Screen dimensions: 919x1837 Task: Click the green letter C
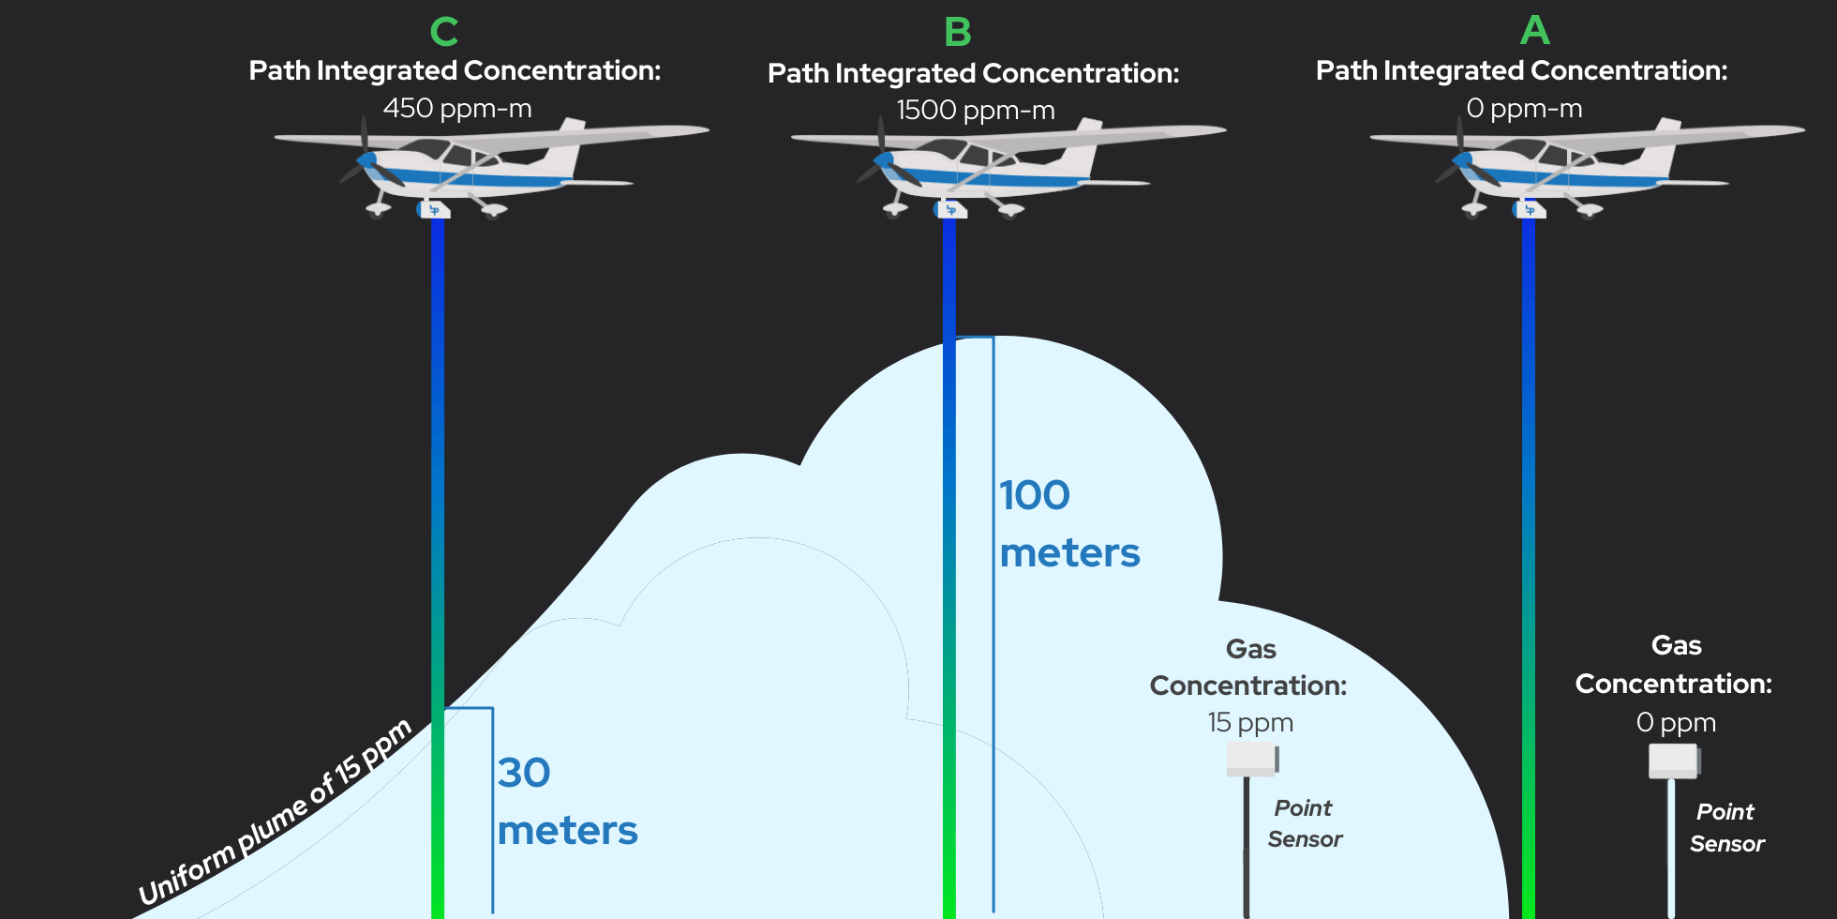(x=443, y=32)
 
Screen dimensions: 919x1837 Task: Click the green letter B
(x=957, y=33)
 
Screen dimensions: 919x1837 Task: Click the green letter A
(x=1534, y=31)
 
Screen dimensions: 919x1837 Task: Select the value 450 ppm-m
(x=456, y=109)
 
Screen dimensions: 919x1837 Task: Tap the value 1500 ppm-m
(x=975, y=111)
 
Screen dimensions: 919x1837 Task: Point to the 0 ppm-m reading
(x=1524, y=109)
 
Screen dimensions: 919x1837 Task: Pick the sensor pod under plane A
(x=1529, y=209)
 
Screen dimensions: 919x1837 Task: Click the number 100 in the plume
(x=1034, y=495)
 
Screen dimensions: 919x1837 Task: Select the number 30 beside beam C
(x=523, y=773)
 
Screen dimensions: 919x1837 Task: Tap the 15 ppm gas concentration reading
(x=1249, y=722)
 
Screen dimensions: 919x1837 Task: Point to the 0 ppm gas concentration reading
(x=1676, y=722)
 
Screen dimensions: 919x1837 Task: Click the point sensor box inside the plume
(x=1252, y=759)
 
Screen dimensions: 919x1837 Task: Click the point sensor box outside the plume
(x=1674, y=761)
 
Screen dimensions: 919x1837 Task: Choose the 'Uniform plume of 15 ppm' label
(x=275, y=812)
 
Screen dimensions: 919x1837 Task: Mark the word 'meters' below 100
(x=1069, y=553)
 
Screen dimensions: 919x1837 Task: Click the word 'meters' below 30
(x=567, y=831)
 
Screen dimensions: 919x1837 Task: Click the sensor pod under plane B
(x=949, y=209)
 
